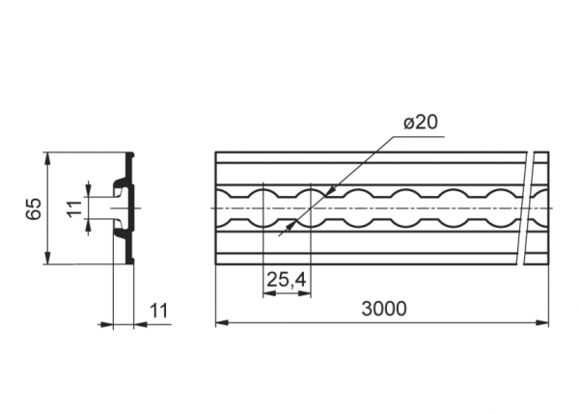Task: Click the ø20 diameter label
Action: click(421, 123)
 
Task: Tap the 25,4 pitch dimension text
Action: click(287, 280)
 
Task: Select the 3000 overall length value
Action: click(384, 309)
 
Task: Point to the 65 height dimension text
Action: click(34, 208)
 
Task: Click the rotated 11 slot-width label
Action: click(74, 208)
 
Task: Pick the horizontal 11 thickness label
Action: click(159, 311)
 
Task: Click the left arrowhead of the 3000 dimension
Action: click(221, 322)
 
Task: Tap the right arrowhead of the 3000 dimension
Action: click(542, 322)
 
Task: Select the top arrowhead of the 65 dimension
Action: click(47, 158)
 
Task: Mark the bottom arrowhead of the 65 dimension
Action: click(47, 259)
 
